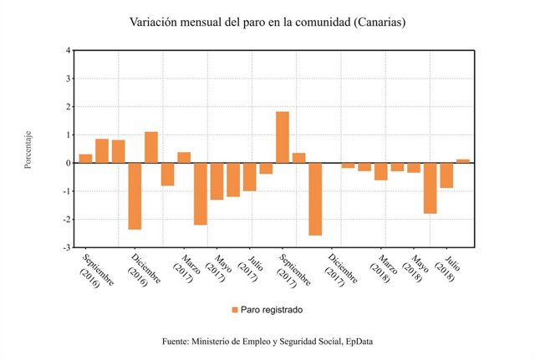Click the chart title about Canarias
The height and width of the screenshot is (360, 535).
pos(267,23)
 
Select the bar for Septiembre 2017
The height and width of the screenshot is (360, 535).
pos(283,138)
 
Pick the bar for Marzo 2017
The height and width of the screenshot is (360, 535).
pos(184,158)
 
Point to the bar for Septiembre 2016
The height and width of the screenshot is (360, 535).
pos(85,159)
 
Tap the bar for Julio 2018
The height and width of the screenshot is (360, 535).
pos(446,175)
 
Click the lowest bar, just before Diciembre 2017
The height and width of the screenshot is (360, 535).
pos(315,199)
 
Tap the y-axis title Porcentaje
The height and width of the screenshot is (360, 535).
pos(28,150)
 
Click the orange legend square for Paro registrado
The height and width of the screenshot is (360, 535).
pos(235,310)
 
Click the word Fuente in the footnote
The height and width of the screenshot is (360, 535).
pos(177,342)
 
